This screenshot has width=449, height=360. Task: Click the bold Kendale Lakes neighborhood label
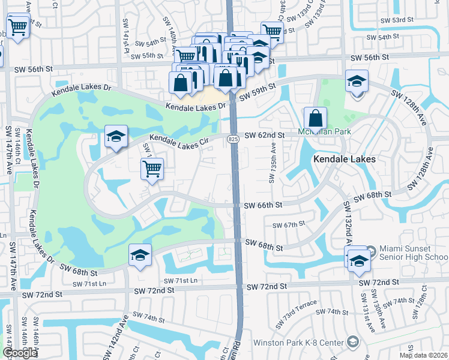(x=344, y=159)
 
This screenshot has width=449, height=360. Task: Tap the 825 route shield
(x=233, y=139)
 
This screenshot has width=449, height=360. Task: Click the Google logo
(x=19, y=353)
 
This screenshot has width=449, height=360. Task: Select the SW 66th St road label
(x=263, y=205)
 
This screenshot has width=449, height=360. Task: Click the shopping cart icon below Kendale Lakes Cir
(x=152, y=168)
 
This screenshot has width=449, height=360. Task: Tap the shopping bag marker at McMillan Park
(x=315, y=118)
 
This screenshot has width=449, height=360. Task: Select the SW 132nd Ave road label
(x=347, y=222)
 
